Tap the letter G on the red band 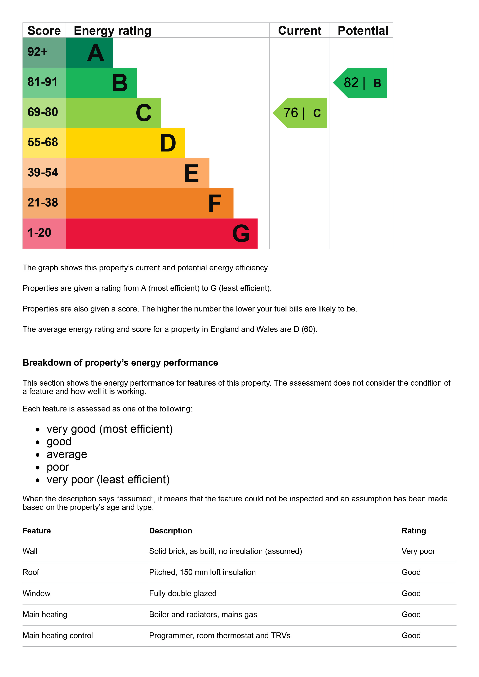click(x=241, y=233)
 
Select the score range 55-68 click(x=43, y=142)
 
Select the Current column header click(x=299, y=31)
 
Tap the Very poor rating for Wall click(x=418, y=551)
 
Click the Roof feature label click(x=31, y=572)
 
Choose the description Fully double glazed click(x=182, y=593)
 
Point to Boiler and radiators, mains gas click(x=203, y=614)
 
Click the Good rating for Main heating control click(x=411, y=635)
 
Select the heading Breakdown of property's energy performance click(x=120, y=363)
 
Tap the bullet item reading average click(x=67, y=454)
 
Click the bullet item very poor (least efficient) click(x=108, y=480)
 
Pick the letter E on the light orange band click(x=191, y=173)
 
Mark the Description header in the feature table click(x=171, y=531)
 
